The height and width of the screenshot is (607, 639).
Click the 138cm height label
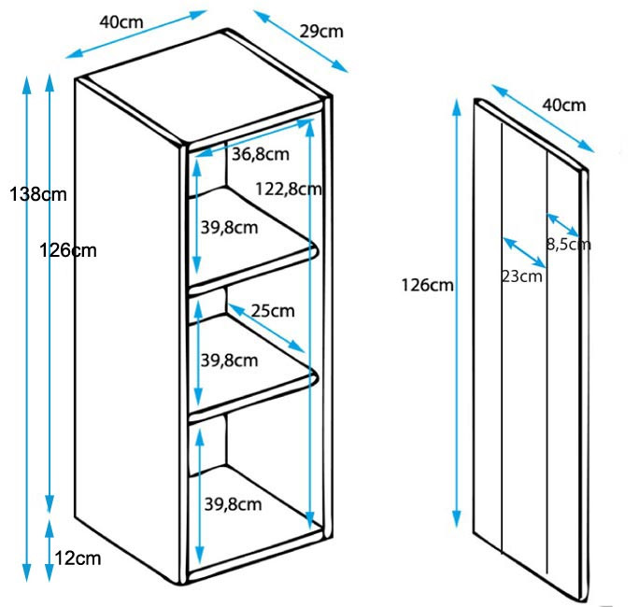pyautogui.click(x=38, y=194)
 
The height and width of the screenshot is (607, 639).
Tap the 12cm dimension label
pyautogui.click(x=78, y=558)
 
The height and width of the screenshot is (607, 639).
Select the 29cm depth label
pyautogui.click(x=321, y=32)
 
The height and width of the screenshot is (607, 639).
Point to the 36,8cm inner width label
pyautogui.click(x=261, y=154)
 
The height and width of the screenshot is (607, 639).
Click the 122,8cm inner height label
pyautogui.click(x=289, y=189)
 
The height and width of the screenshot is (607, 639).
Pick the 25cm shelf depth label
pyautogui.click(x=273, y=311)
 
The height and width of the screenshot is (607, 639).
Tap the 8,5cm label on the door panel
pyautogui.click(x=569, y=245)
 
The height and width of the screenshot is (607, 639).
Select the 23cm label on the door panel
pyautogui.click(x=521, y=276)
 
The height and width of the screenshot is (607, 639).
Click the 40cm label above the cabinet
pyautogui.click(x=121, y=22)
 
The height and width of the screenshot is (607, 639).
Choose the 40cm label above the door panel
pyautogui.click(x=564, y=106)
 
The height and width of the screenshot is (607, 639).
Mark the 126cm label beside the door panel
pyautogui.click(x=428, y=285)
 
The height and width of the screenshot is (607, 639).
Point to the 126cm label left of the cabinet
pyautogui.click(x=68, y=250)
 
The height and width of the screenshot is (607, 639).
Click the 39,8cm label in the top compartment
pyautogui.click(x=230, y=228)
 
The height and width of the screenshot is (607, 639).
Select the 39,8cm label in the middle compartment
pyautogui.click(x=230, y=360)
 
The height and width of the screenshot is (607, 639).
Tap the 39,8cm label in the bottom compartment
pyautogui.click(x=234, y=505)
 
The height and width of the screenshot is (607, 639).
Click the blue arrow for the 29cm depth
pyautogui.click(x=301, y=41)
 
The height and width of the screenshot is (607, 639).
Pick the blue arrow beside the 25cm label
pyautogui.click(x=266, y=328)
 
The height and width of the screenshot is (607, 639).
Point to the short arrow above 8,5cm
pyautogui.click(x=562, y=225)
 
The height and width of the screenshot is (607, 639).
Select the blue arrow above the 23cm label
pyautogui.click(x=524, y=252)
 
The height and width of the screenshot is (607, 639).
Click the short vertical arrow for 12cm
pyautogui.click(x=50, y=550)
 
